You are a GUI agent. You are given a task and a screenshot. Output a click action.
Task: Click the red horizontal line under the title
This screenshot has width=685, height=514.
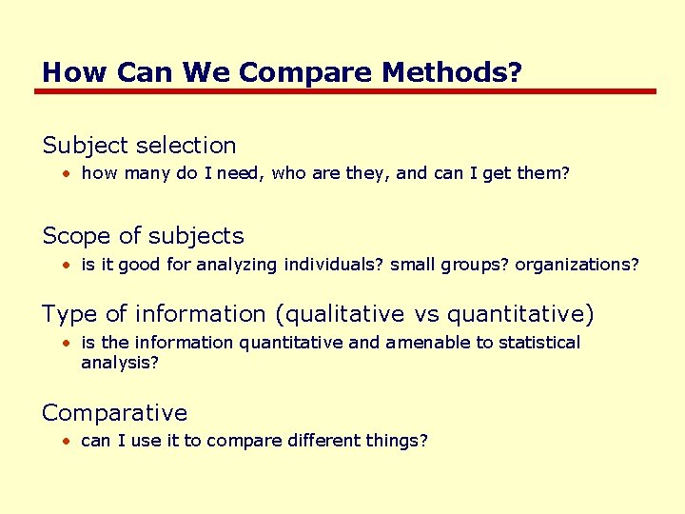(344, 91)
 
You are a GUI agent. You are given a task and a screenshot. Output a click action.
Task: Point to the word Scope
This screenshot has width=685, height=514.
(75, 236)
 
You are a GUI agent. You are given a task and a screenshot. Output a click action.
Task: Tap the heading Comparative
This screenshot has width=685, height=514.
(115, 413)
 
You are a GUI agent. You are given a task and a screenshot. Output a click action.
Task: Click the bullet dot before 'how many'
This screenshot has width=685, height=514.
(68, 175)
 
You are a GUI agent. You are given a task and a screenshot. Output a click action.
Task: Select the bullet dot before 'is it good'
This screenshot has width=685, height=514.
(68, 265)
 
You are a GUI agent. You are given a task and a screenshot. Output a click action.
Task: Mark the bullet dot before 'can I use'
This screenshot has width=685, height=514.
(68, 442)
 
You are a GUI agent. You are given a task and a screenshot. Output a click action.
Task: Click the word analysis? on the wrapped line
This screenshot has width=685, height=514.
(121, 363)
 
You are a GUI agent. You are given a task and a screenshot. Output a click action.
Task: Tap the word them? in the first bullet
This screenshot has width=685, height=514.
(543, 174)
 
